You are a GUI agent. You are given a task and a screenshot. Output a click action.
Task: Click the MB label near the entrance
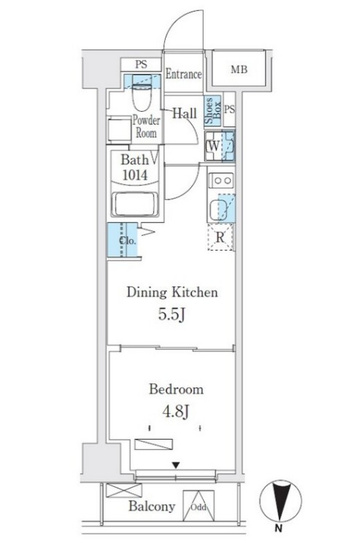(239, 69)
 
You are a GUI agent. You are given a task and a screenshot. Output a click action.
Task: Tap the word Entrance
(183, 74)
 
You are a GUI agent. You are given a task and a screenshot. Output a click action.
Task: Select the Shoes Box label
(212, 111)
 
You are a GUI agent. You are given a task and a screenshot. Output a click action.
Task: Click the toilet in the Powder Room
(142, 93)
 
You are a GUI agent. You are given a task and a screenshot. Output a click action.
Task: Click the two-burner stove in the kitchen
(221, 180)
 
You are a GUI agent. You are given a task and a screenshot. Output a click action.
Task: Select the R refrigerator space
(221, 237)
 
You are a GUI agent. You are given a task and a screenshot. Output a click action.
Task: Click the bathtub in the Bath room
(135, 204)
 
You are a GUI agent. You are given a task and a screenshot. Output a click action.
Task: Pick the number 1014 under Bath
(135, 175)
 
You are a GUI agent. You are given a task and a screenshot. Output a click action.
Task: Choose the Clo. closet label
(128, 240)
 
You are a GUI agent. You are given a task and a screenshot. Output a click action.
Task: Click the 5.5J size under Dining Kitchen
(172, 315)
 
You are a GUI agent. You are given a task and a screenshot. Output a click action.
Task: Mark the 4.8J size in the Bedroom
(176, 412)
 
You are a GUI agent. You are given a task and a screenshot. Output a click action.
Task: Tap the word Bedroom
(176, 389)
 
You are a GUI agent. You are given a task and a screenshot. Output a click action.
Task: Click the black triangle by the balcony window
(176, 465)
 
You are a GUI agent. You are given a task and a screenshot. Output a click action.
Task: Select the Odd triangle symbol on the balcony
(199, 505)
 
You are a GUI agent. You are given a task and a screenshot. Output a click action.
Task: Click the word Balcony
(152, 506)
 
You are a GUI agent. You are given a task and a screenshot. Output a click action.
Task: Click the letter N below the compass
(278, 529)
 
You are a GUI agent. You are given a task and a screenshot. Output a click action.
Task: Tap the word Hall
(185, 113)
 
